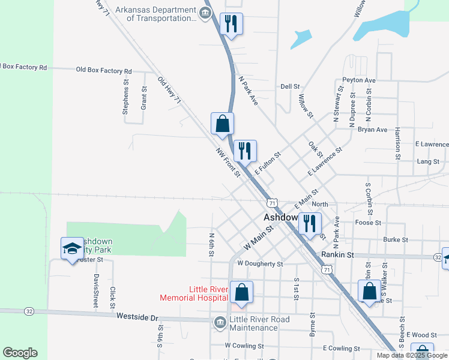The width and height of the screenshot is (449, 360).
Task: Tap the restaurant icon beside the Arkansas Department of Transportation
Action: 231,24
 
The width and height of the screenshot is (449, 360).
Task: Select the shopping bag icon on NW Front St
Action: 222,124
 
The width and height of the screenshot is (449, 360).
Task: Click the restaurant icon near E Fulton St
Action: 244,151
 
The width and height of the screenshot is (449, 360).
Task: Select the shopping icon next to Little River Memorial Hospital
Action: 241,293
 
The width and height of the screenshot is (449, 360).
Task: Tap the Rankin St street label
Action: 337,254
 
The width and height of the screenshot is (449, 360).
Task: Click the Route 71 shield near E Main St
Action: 272,203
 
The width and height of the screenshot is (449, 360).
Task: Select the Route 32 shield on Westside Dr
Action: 28,311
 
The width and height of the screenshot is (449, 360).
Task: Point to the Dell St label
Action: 290,86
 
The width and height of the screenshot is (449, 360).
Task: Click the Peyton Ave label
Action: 358,80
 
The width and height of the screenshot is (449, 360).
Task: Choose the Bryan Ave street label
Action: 372,130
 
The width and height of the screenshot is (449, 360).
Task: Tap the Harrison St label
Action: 398,143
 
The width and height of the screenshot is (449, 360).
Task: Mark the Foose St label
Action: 368,223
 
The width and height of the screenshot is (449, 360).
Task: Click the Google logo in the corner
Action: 20,353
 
